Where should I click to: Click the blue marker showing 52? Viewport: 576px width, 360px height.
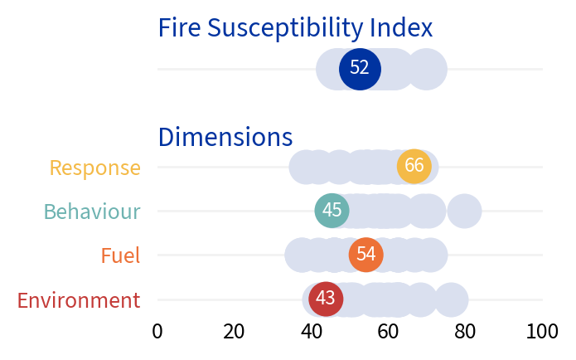tap(360, 69)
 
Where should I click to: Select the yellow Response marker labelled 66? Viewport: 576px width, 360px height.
tap(414, 167)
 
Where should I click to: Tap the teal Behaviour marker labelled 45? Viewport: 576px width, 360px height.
tap(332, 211)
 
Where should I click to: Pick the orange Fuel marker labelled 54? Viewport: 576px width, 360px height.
tap(365, 255)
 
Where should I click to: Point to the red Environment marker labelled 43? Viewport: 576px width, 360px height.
tap(326, 299)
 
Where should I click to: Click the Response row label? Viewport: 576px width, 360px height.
tap(94, 168)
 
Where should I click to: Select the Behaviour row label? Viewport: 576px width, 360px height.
tap(92, 212)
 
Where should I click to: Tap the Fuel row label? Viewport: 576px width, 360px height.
tap(120, 255)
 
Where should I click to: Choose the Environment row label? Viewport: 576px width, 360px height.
tap(79, 300)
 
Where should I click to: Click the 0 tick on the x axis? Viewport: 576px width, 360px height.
tap(157, 332)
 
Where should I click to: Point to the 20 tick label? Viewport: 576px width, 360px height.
tap(235, 332)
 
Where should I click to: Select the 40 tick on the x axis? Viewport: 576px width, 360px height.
tap(312, 332)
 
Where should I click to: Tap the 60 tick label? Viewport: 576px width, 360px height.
tap(389, 332)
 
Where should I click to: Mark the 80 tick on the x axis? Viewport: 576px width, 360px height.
tap(466, 332)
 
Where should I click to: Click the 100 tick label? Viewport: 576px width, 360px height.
tap(543, 332)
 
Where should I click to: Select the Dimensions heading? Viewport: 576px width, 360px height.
tap(225, 137)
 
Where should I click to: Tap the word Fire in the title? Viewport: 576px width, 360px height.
tap(180, 28)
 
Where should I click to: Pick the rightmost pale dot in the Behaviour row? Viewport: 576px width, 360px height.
tap(465, 211)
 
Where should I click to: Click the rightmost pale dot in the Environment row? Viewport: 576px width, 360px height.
tap(451, 299)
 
